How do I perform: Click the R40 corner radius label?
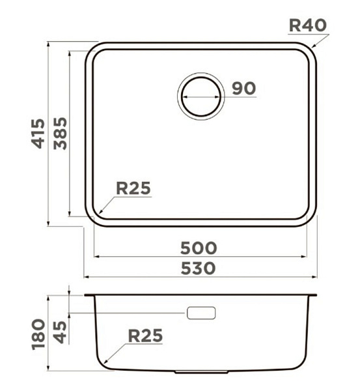[x=308, y=25]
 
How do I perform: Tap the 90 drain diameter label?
[x=243, y=88]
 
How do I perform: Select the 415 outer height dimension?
[x=38, y=134]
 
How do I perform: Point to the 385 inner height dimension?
[x=61, y=134]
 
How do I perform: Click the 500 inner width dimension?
[x=199, y=248]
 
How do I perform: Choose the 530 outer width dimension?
[x=198, y=268]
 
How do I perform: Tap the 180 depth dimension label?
[x=39, y=334]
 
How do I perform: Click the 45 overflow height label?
[x=61, y=332]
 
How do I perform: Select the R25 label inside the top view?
[x=133, y=188]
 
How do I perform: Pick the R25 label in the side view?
[x=145, y=336]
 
